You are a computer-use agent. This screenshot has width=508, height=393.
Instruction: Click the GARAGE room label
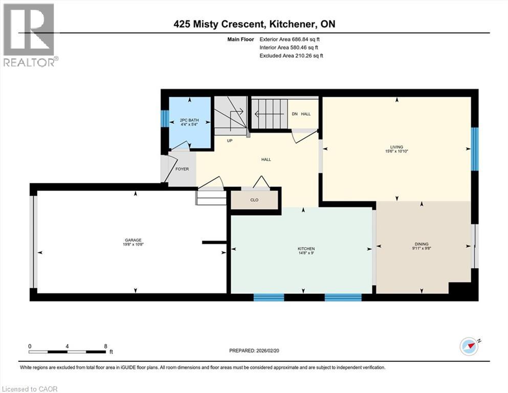pos(133,240)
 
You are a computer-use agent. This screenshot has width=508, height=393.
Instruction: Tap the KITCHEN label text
pos(306,249)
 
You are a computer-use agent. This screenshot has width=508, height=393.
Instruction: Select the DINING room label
pos(422,244)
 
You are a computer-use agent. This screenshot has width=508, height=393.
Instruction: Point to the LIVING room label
pos(396,147)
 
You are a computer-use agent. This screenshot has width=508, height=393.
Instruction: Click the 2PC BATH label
pos(189,120)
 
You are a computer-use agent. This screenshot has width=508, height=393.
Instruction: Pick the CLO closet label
pos(254,200)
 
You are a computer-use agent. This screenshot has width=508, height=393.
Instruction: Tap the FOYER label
pos(182,169)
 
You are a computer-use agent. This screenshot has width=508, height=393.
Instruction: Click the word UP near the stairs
pos(230,141)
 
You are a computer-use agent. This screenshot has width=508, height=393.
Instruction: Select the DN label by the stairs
pos(295,114)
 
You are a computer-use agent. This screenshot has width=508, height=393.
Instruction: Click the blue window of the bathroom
pos(165,118)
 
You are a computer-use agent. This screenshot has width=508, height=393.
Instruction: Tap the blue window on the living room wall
pos(474,149)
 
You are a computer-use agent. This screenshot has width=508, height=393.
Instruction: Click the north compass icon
pos(470,347)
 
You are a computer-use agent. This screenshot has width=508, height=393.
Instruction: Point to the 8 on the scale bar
pos(105,346)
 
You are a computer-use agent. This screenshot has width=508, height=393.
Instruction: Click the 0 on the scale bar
pos(30,346)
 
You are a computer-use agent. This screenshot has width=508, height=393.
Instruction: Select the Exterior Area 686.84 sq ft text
pos(290,39)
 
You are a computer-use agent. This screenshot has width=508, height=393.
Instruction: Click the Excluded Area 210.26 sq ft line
pos(291,55)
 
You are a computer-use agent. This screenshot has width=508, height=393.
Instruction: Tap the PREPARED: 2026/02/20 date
pos(254,351)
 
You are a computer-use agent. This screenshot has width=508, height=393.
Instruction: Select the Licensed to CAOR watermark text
pos(30,389)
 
